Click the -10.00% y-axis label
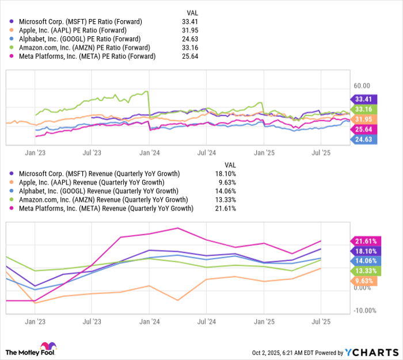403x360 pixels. click(364, 311)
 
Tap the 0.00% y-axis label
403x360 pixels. click(363, 288)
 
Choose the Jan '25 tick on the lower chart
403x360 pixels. click(264, 322)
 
